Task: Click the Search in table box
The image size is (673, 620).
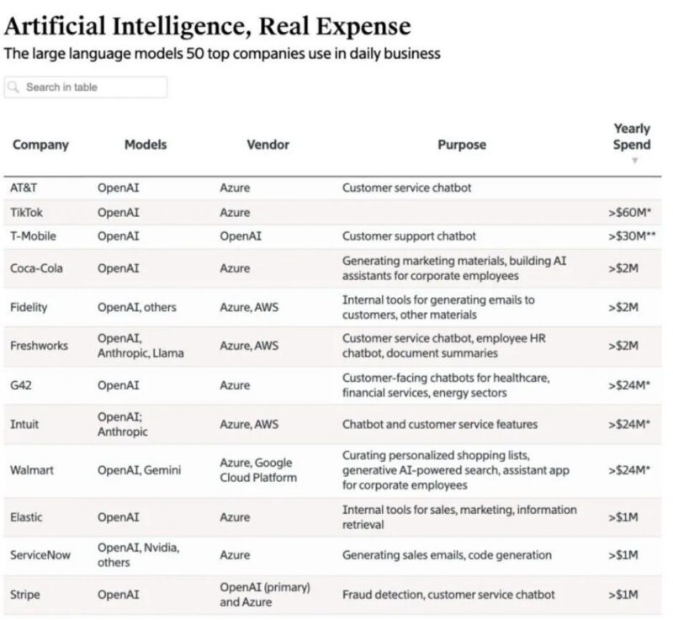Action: pos(86,87)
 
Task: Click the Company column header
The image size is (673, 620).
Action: pos(40,145)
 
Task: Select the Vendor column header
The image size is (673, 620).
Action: pos(268,145)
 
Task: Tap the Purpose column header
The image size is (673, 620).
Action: pos(461,145)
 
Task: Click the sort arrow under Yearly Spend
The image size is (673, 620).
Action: pos(635,160)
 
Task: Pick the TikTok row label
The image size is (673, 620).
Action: pos(26,213)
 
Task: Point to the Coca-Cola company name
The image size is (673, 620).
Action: pos(38,268)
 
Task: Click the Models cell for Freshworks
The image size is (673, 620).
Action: pos(139,345)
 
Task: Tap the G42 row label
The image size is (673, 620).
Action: pos(22,384)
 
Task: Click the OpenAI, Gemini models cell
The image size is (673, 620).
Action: pos(139,469)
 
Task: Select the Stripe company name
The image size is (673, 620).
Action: pos(26,595)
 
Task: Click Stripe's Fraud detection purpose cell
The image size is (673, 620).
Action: pos(448,595)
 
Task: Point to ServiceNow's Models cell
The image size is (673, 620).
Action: pos(139,555)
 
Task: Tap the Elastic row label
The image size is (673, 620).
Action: pos(27,517)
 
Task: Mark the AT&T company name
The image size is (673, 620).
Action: pos(24,188)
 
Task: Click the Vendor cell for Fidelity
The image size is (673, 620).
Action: pos(249,307)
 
